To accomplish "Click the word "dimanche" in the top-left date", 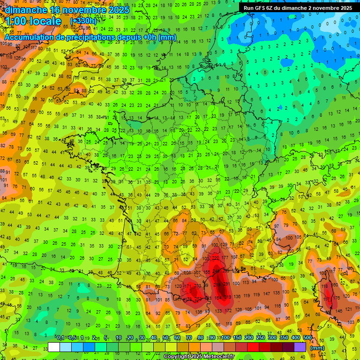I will click(x=26, y=9).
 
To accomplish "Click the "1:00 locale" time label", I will click(x=33, y=21).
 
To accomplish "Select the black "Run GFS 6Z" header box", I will click(x=298, y=7).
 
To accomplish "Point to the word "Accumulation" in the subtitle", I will click(x=29, y=37).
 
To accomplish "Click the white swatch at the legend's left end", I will click(x=54, y=347).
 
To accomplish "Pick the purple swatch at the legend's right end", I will click(x=300, y=347).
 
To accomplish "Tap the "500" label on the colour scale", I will click(x=307, y=338).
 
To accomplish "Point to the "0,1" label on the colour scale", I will click(x=60, y=338).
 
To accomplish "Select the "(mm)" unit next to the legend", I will click(x=317, y=348).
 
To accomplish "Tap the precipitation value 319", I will click(x=228, y=297).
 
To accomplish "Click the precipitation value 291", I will click(x=227, y=284).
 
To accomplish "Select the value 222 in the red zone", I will click(x=216, y=259).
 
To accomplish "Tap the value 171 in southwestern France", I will click(x=187, y=286).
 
